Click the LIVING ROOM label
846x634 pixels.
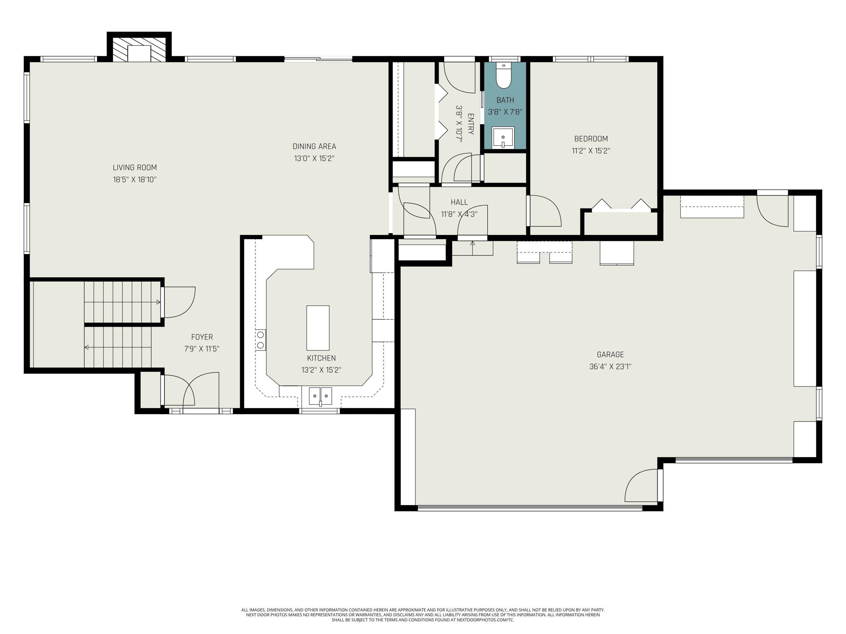tap(135, 167)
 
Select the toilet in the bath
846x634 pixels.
tap(503, 76)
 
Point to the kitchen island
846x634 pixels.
tap(318, 328)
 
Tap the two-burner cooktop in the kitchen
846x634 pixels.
tap(261, 340)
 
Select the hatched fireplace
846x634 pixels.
tap(139, 50)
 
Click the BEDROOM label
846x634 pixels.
tap(591, 139)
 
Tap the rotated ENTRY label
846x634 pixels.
tap(471, 124)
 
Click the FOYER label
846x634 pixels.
tap(202, 337)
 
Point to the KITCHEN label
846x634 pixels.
tap(321, 358)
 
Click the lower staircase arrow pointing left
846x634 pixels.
tap(87, 347)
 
